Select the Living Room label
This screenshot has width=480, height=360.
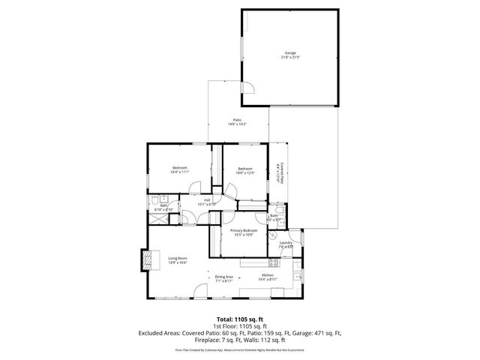click(x=178, y=259)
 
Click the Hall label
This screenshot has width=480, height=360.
click(x=206, y=202)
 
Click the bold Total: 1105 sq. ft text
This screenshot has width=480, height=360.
click(x=240, y=318)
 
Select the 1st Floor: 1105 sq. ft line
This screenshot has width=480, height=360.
click(x=240, y=325)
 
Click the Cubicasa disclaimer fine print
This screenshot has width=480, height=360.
click(x=240, y=349)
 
